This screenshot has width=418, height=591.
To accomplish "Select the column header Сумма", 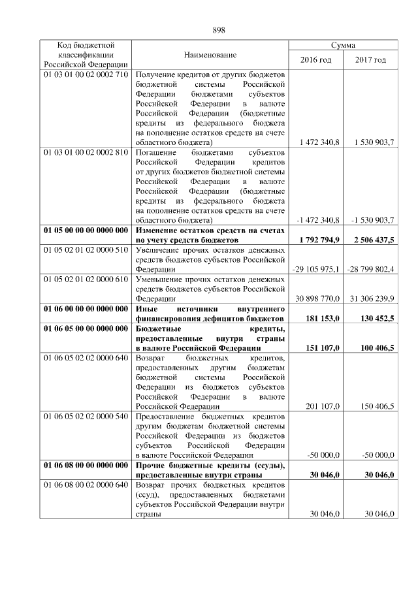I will (x=343, y=45).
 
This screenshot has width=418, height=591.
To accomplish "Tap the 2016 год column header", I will (x=315, y=60).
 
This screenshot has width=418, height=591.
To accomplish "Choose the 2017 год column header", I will (x=370, y=60).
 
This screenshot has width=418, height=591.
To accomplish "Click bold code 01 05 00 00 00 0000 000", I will (x=86, y=231).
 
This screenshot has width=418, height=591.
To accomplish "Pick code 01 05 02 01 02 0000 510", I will (x=86, y=250).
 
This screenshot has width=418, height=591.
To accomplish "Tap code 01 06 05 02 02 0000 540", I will (x=86, y=416).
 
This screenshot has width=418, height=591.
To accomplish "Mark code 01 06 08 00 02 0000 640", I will (x=86, y=485).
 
